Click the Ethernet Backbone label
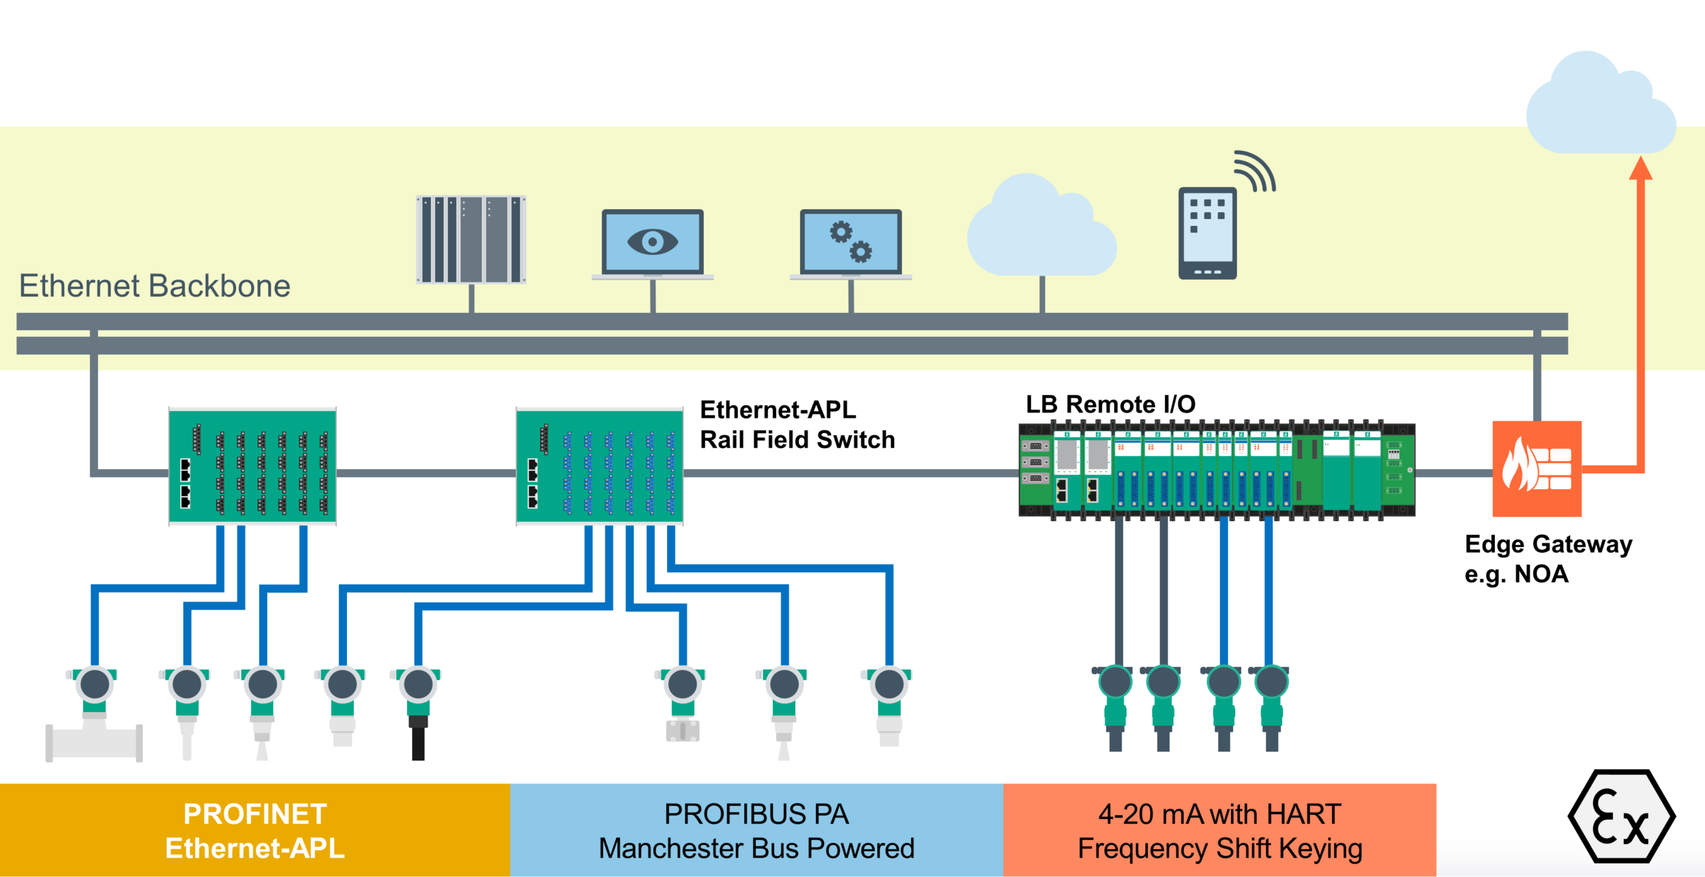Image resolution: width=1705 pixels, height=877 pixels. [x=155, y=286]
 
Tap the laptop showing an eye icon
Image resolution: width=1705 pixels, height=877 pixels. [x=653, y=243]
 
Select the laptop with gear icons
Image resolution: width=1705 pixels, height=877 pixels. [x=850, y=243]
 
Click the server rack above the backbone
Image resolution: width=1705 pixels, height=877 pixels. [x=471, y=239]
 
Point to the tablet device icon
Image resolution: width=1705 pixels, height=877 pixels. [x=1207, y=233]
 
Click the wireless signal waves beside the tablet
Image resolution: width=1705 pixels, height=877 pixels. [x=1256, y=171]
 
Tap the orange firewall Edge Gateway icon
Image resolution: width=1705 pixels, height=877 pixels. [x=1537, y=469]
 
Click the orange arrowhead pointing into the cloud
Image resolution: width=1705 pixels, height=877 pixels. [x=1640, y=168]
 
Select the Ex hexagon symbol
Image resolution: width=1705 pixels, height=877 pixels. [x=1621, y=816]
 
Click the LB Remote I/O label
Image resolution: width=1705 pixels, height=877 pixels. [x=1110, y=404]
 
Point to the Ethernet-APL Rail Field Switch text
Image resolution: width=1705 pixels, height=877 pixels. [x=797, y=425]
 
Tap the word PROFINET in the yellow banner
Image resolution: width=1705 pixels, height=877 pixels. [x=255, y=814]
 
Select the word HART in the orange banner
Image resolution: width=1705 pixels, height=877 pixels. [x=1303, y=814]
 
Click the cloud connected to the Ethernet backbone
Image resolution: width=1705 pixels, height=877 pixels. [x=1041, y=228]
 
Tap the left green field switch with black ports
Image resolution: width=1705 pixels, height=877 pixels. [x=252, y=466]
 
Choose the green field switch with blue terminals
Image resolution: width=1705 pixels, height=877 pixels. [x=599, y=466]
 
